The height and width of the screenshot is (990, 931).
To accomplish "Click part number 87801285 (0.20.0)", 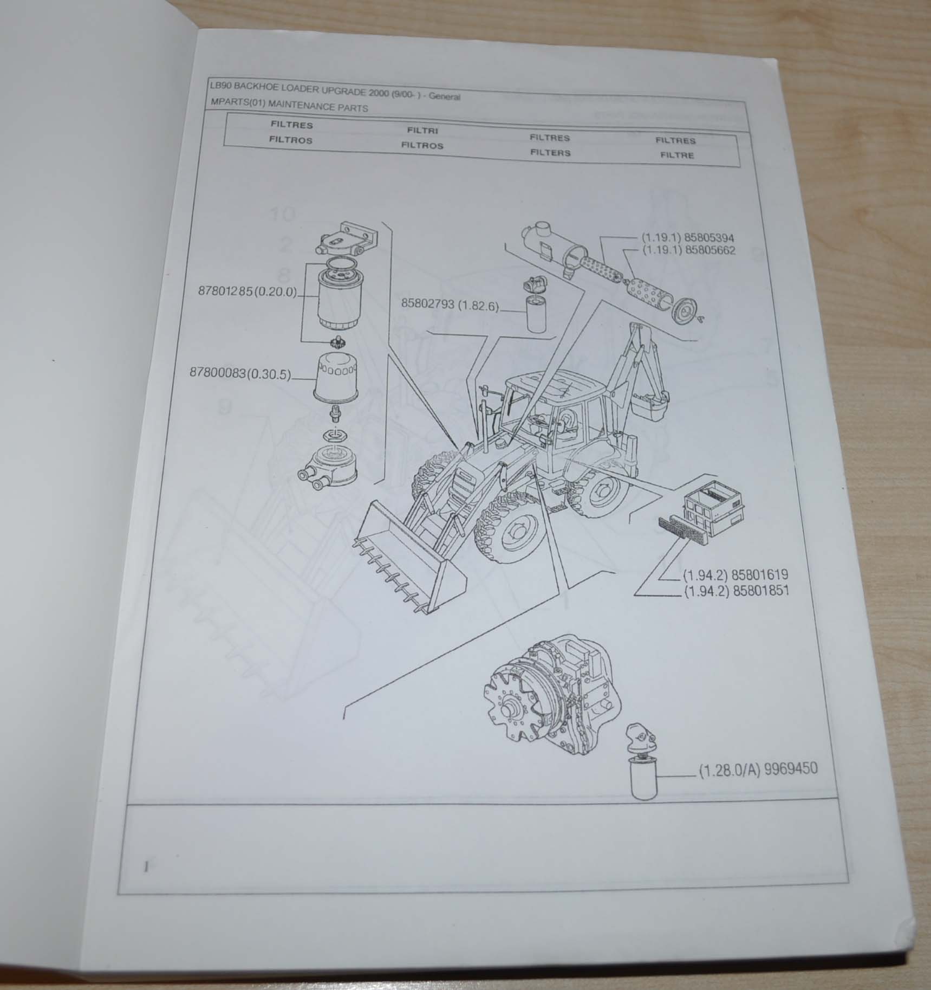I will coord(249,292).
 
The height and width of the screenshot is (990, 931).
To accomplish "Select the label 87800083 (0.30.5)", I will coord(240,373).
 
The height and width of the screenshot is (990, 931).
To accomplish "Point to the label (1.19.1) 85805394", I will coord(688,238).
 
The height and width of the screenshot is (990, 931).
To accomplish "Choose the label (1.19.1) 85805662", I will coord(688,250).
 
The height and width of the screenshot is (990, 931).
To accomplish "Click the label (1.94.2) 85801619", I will coord(735,574).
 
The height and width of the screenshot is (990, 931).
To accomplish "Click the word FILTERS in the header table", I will coord(550,153).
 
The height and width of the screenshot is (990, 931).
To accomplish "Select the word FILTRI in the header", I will coord(422,131).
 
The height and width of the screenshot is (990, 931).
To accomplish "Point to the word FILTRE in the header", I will coord(677,156).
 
